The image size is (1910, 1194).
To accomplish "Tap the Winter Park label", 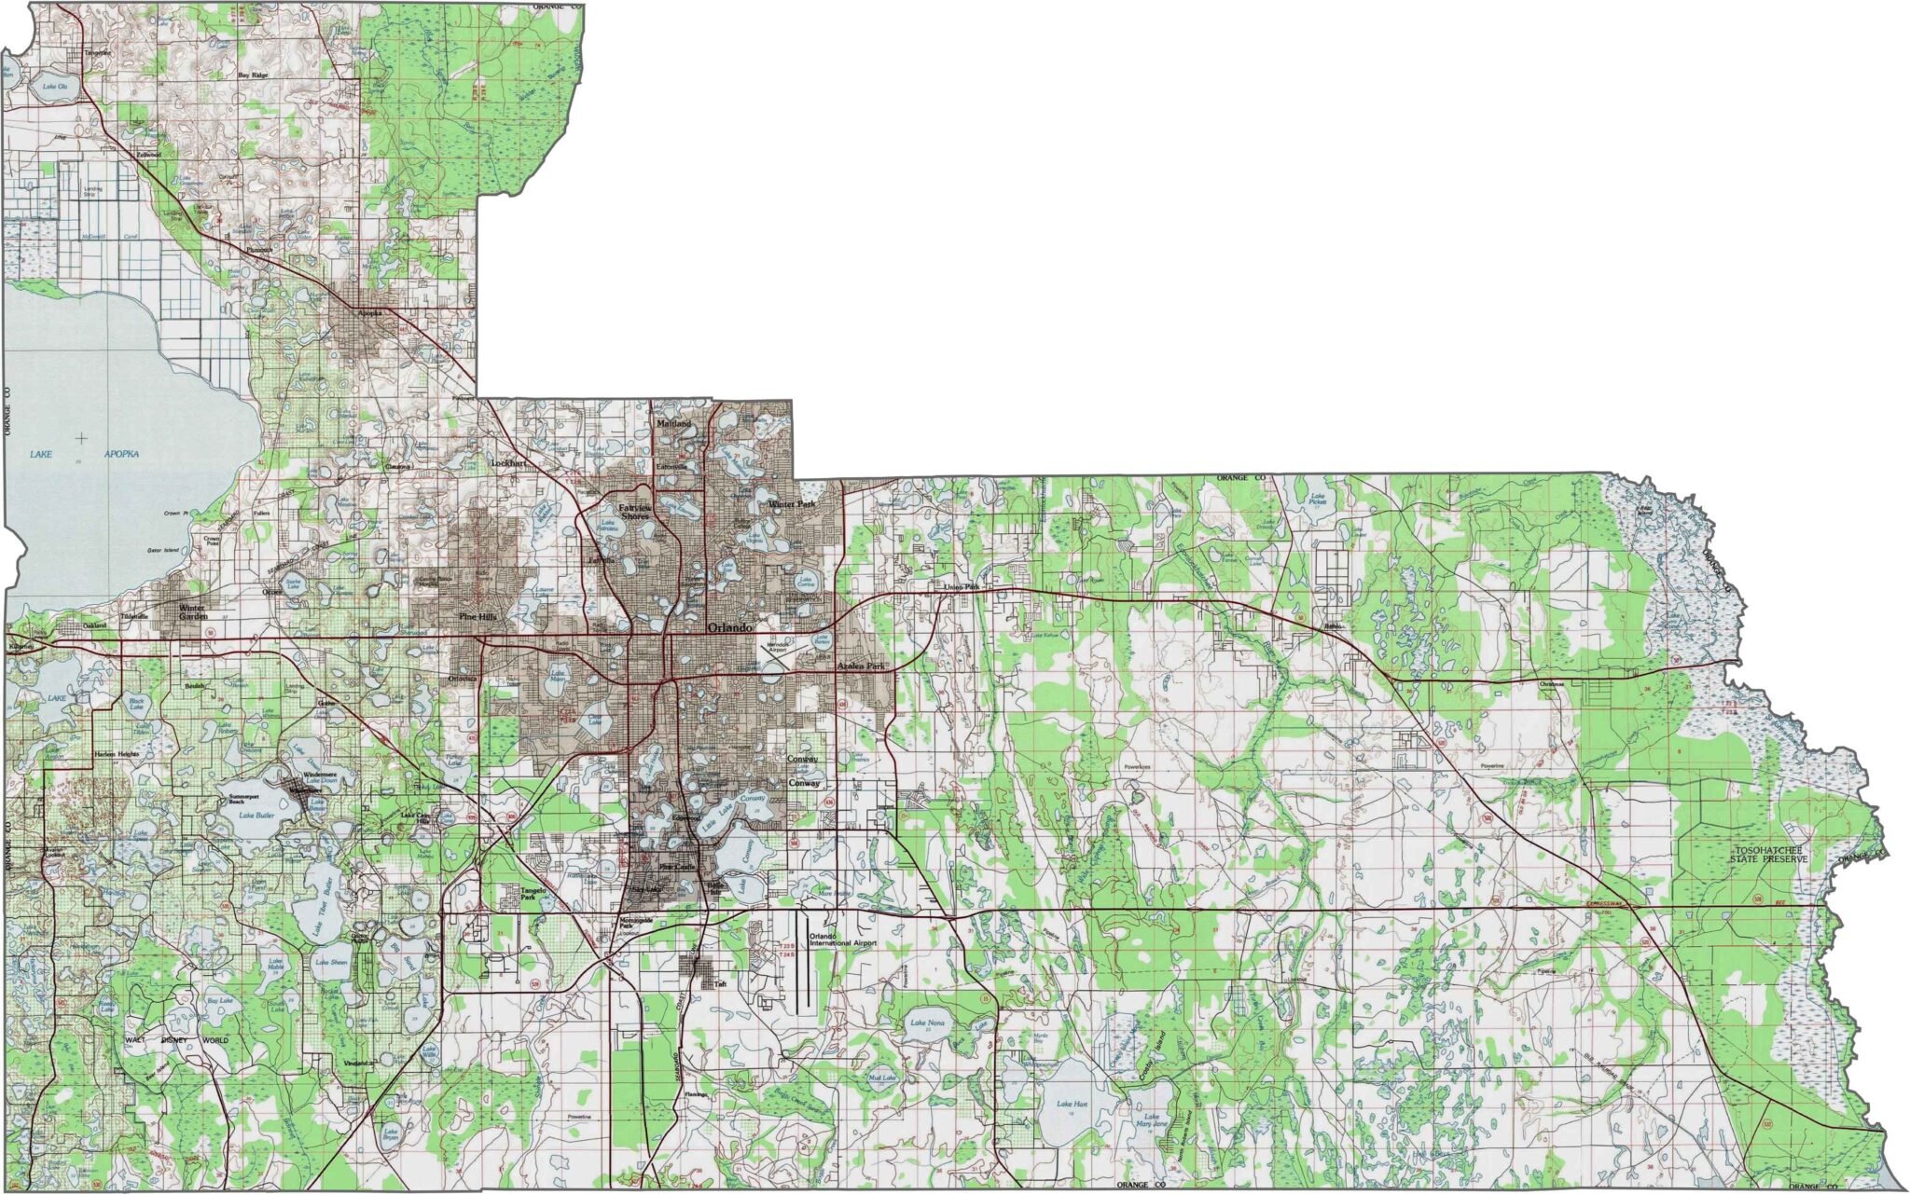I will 791,504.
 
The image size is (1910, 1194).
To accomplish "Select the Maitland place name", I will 674,424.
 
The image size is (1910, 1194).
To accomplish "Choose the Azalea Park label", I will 860,667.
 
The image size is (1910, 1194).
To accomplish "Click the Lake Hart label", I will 1072,1105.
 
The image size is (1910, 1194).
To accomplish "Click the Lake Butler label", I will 254,815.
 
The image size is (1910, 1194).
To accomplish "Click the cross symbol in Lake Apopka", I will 83,437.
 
